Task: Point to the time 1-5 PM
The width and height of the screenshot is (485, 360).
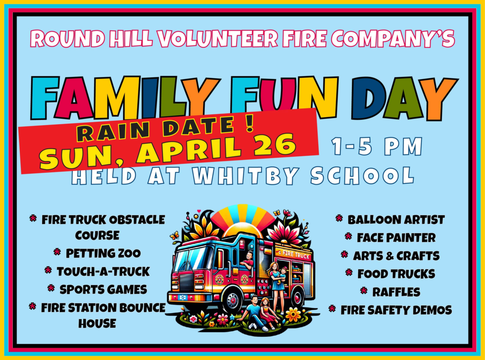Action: point(377,146)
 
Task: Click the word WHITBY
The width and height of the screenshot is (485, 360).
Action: point(245,176)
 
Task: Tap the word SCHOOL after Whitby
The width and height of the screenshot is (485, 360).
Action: point(362,175)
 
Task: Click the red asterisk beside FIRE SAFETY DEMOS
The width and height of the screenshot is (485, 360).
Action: point(332,308)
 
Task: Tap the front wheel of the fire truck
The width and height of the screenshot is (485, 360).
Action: point(232,299)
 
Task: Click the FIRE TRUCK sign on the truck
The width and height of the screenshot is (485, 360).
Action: point(294,254)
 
